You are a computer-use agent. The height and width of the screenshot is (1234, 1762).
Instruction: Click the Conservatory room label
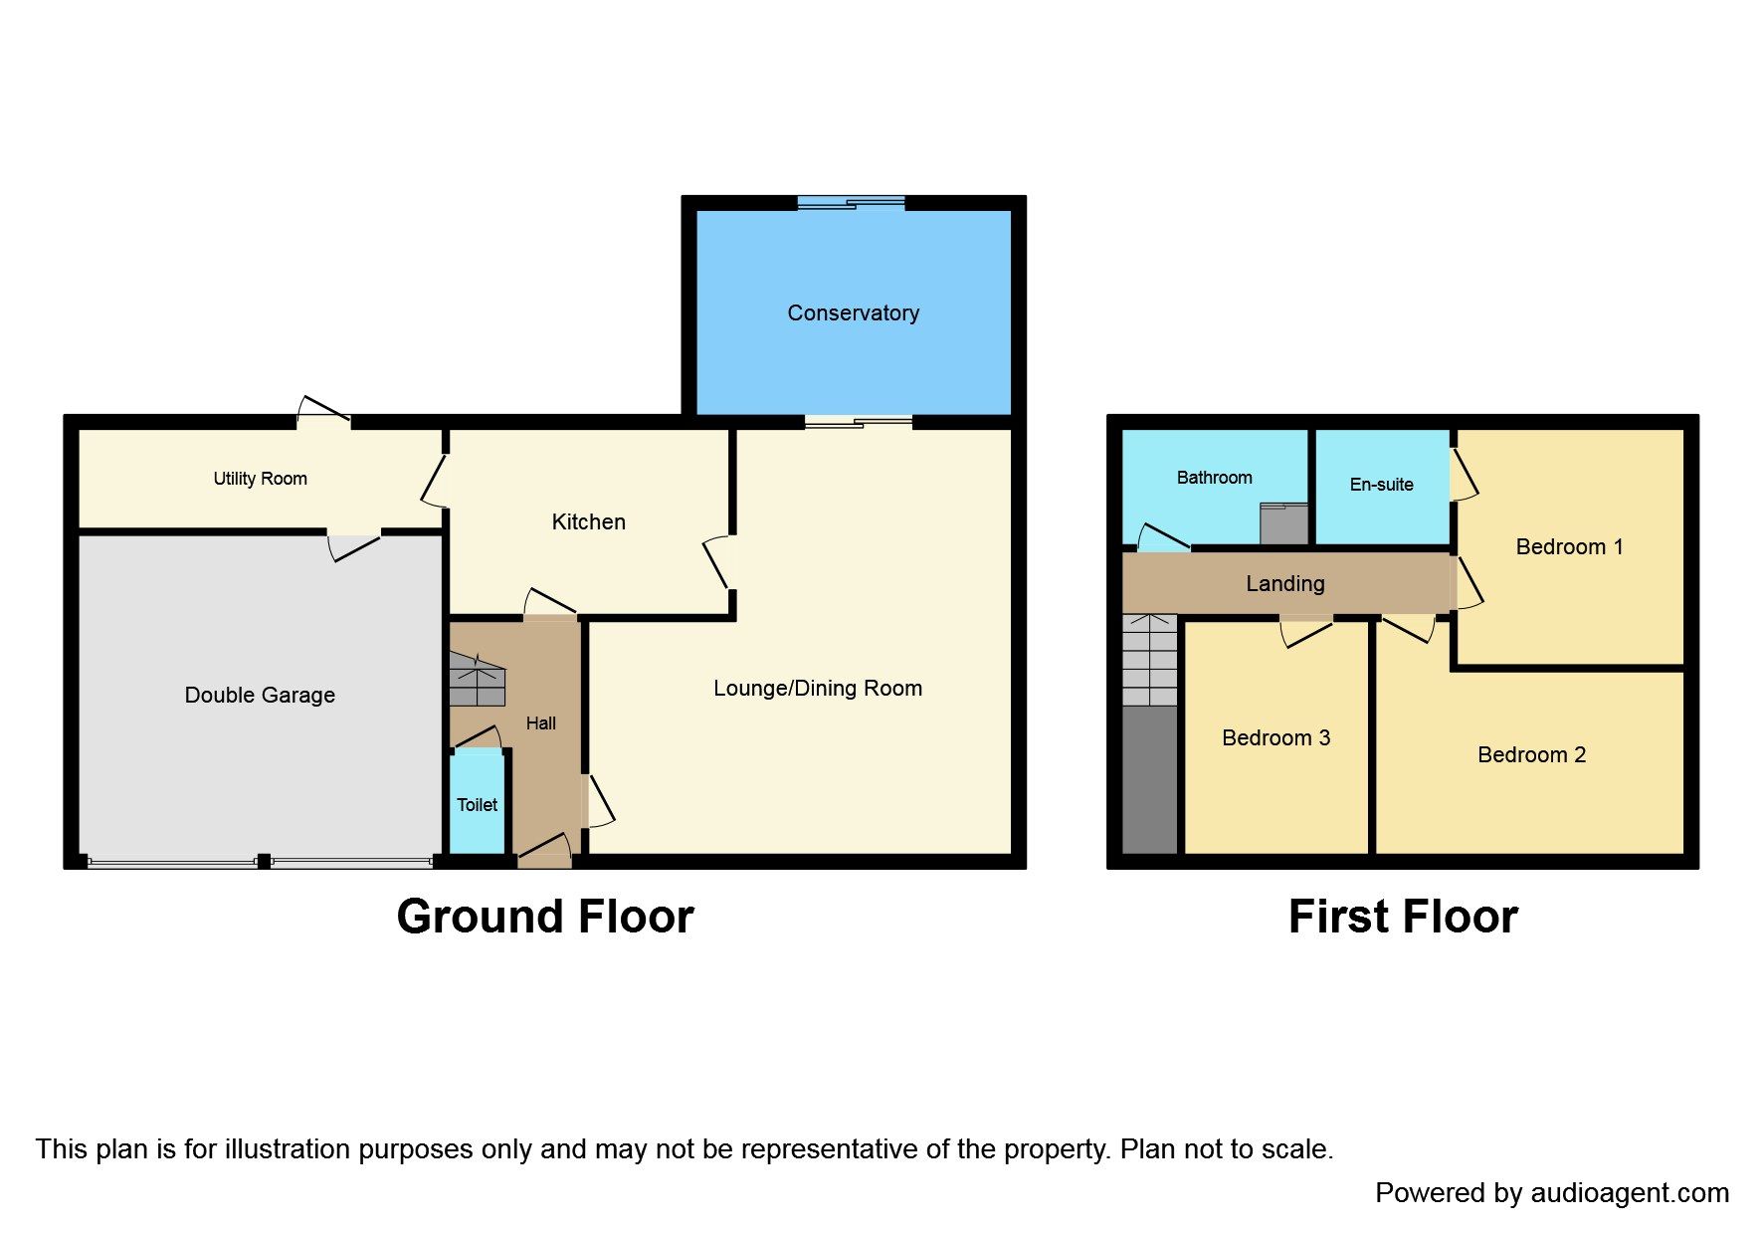853,313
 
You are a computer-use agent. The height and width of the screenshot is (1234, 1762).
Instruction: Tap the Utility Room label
260,479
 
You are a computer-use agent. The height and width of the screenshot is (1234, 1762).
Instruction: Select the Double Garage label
260,696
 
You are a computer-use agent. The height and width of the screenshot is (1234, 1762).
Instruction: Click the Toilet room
477,804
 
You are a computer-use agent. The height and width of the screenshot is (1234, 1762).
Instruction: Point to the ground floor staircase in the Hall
478,679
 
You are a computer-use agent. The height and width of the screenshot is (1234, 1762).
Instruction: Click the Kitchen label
588,522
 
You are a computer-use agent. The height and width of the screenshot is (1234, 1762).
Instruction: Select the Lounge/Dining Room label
817,689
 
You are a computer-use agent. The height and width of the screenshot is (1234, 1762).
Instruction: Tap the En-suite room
1381,485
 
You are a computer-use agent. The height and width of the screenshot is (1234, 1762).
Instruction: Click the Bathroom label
1214,478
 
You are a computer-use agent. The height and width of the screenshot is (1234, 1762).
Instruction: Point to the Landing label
1284,584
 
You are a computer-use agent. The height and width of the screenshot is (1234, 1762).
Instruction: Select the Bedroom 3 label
1275,738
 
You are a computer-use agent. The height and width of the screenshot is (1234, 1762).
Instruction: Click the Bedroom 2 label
1531,755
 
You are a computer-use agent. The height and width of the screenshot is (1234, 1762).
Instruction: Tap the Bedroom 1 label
1569,547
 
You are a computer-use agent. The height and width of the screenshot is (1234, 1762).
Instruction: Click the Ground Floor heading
544,917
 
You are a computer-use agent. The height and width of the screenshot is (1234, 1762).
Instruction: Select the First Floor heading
1402,917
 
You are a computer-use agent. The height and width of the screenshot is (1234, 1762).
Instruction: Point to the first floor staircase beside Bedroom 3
1150,661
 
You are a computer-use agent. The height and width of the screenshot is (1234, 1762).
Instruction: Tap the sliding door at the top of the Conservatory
852,204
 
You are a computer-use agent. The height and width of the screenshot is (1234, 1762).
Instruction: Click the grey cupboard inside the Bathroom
1283,523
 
